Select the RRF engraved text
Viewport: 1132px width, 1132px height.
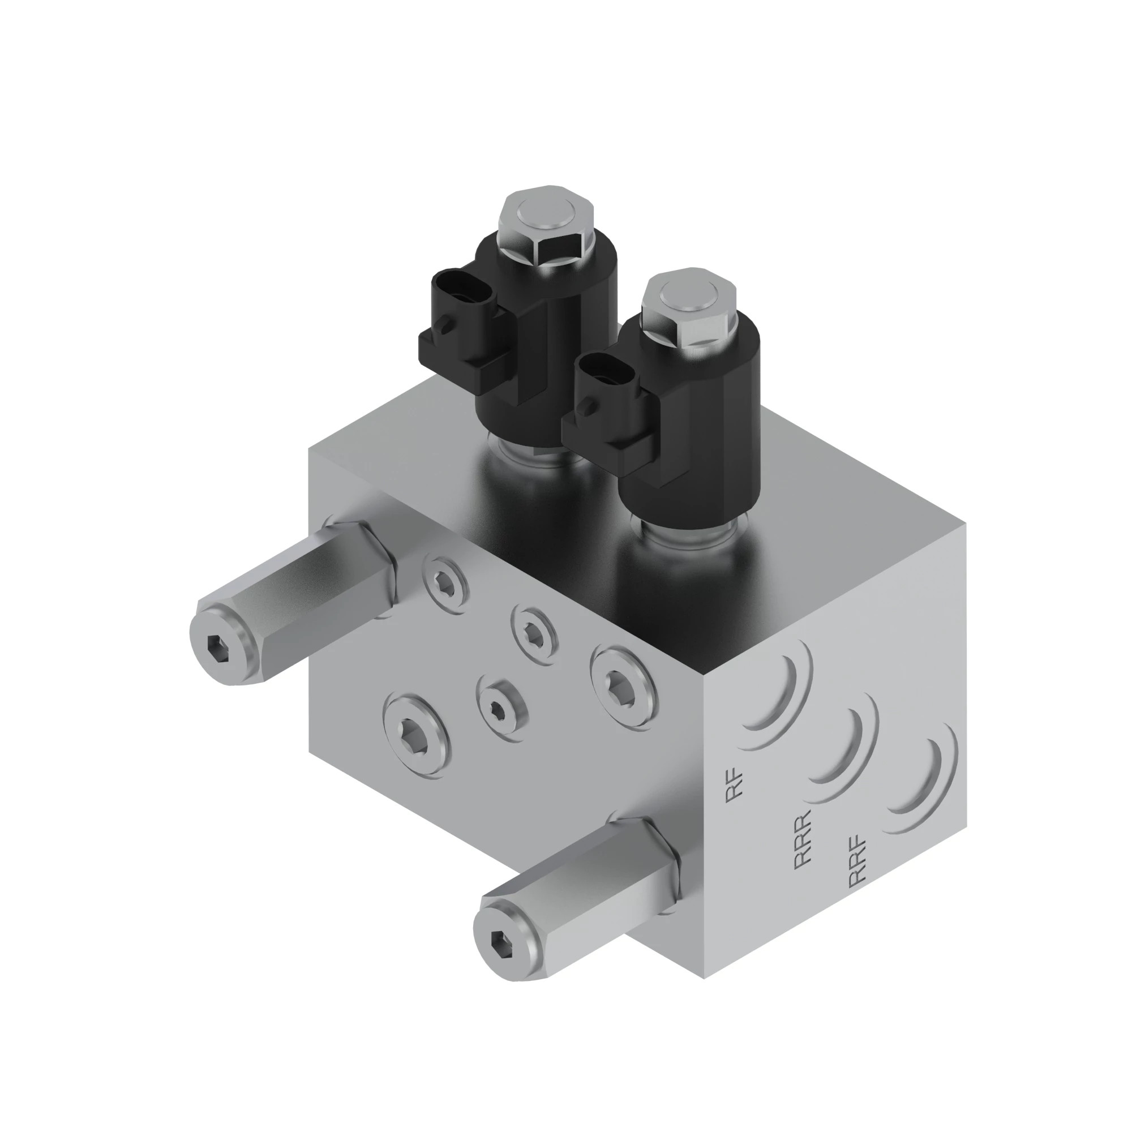point(856,871)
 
